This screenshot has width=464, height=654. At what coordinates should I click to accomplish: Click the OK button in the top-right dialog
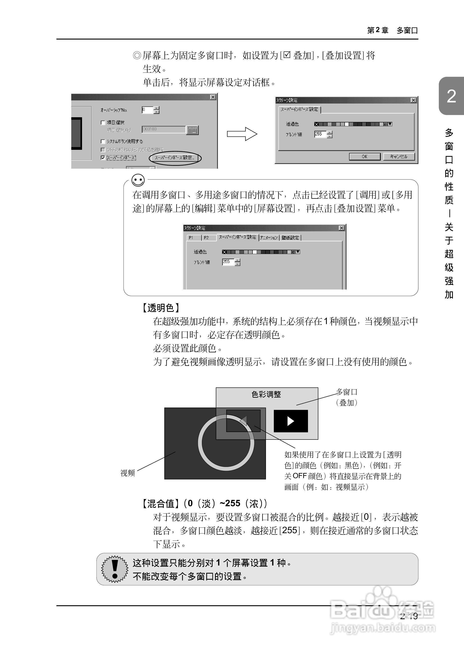[x=365, y=157]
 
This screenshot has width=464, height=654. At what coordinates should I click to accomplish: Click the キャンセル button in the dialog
[x=399, y=157]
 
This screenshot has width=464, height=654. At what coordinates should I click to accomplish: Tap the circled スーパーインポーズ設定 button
[x=175, y=158]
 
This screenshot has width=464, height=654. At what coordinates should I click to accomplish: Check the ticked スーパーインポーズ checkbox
[x=103, y=158]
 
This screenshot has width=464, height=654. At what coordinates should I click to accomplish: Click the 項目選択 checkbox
[x=103, y=122]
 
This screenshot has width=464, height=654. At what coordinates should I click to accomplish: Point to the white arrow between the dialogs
[x=242, y=134]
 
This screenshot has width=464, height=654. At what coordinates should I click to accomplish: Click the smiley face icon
[x=138, y=180]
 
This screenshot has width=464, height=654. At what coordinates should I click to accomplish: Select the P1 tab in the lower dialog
[x=191, y=238]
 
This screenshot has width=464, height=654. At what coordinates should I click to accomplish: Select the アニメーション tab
[x=269, y=238]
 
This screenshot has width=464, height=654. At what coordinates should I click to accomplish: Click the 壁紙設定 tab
[x=290, y=238]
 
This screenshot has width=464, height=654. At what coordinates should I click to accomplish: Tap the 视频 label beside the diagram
[x=127, y=473]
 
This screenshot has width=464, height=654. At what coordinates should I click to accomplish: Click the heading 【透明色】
[x=161, y=308]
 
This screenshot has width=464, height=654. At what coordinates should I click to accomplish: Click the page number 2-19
[x=409, y=616]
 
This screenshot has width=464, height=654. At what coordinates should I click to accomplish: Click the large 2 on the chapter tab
[x=451, y=96]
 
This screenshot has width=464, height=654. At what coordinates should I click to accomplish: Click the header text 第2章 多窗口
[x=392, y=30]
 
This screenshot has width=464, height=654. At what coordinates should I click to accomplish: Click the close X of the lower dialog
[x=341, y=228]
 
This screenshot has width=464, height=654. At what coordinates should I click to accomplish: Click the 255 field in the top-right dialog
[x=320, y=134]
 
